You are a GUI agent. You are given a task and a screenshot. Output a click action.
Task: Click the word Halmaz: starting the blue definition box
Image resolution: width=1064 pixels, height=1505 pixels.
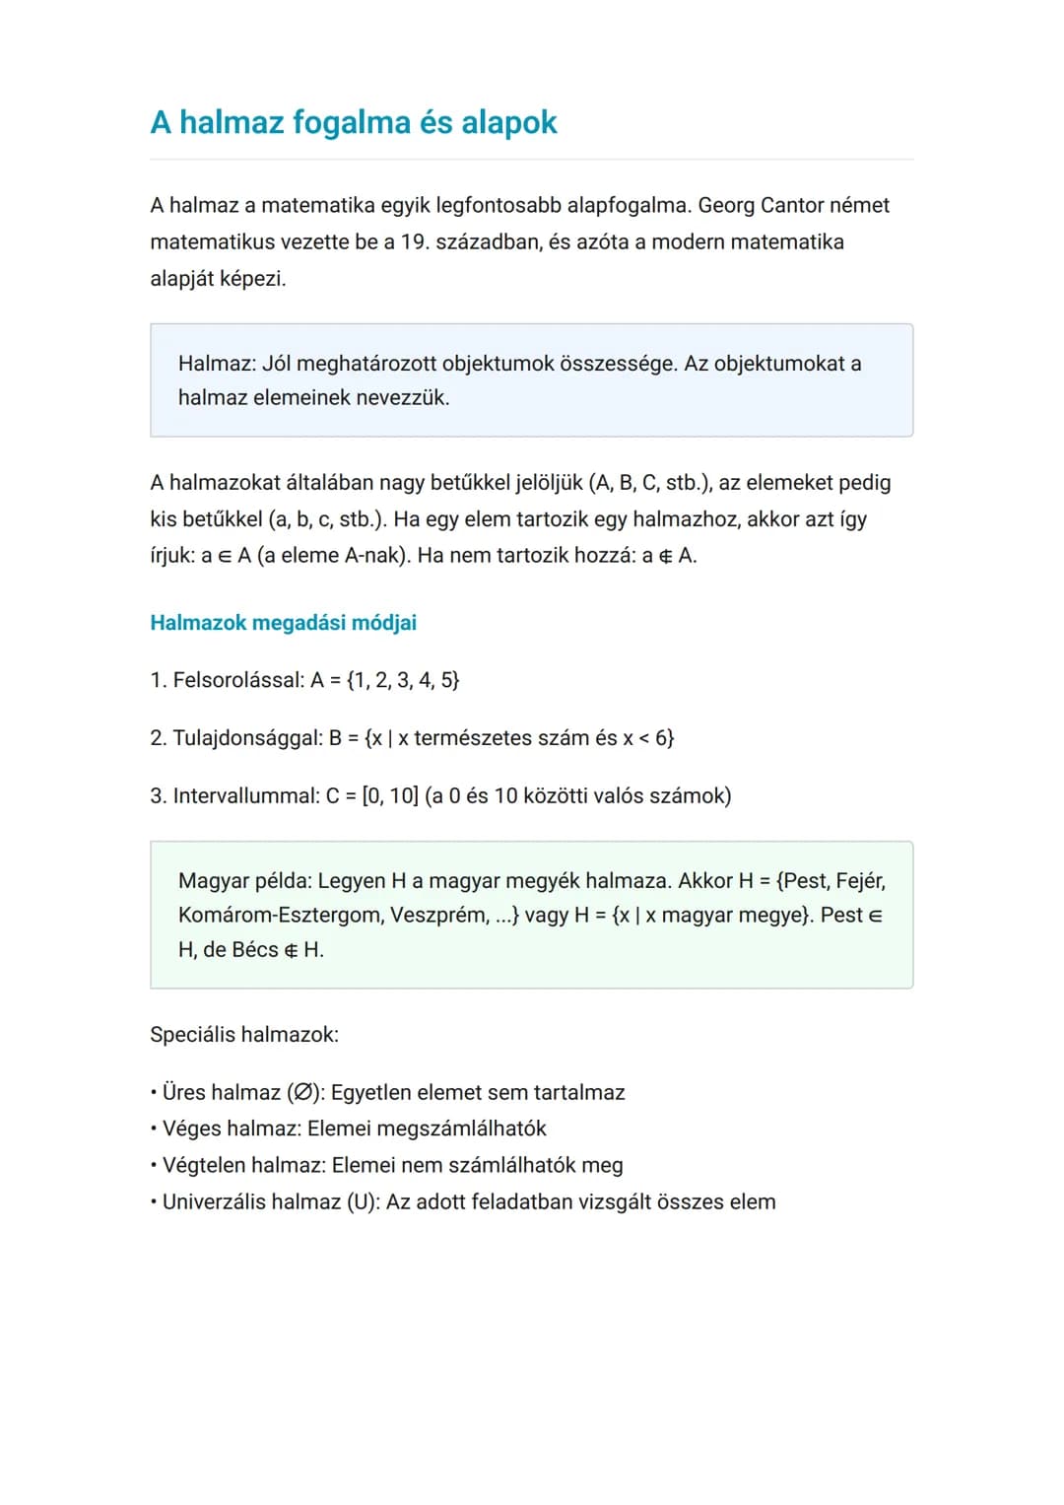[217, 364]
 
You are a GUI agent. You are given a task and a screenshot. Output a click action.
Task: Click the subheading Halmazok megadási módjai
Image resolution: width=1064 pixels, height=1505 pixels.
[283, 623]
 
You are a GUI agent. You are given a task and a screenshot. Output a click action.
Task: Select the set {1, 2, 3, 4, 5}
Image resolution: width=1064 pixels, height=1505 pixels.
[403, 680]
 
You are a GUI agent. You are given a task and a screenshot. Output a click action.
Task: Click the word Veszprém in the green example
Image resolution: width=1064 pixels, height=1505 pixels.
[437, 916]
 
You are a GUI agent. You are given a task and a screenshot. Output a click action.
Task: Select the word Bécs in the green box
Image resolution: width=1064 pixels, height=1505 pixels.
[255, 950]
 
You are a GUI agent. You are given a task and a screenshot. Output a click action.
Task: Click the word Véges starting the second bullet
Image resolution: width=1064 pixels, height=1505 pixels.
[191, 1129]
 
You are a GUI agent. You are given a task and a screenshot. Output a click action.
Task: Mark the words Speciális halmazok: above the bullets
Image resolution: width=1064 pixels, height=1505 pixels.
[243, 1035]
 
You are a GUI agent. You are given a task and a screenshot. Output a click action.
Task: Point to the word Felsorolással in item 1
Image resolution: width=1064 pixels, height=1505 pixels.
[237, 680]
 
